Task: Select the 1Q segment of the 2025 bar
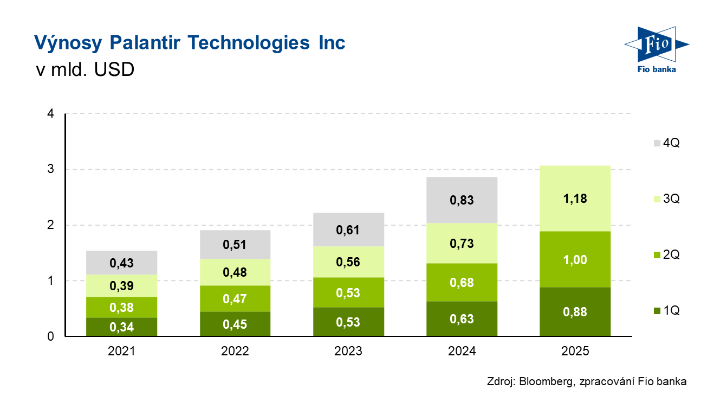(575, 312)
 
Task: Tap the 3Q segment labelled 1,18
(575, 199)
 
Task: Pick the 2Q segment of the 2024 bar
(462, 282)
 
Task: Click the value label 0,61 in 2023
(348, 229)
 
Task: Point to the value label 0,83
(462, 200)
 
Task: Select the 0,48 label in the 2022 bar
(235, 272)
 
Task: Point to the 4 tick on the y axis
(50, 114)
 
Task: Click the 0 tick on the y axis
(50, 336)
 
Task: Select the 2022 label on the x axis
(235, 351)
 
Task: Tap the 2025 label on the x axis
(575, 351)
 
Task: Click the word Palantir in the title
(155, 42)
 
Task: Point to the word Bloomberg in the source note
(545, 381)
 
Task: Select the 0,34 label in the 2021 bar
(121, 327)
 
